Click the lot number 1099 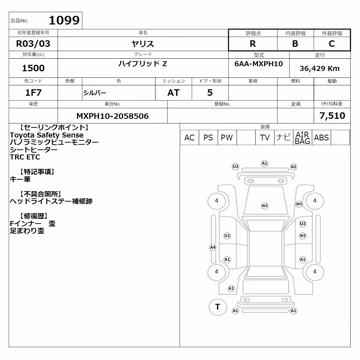64,21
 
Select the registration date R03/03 33,44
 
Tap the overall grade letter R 253,44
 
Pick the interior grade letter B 295,44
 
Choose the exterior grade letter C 332,44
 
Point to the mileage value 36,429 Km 320,68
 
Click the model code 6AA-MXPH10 258,64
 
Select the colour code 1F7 33,93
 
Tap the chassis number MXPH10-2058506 112,116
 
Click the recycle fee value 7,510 332,116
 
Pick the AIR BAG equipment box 303,138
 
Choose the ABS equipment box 321,138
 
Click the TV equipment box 265,138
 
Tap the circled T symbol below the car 218,307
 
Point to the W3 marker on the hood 265,206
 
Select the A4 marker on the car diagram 213,248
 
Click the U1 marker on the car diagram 227,235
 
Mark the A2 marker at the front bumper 293,167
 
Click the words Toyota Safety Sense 46,135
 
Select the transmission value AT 174,93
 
